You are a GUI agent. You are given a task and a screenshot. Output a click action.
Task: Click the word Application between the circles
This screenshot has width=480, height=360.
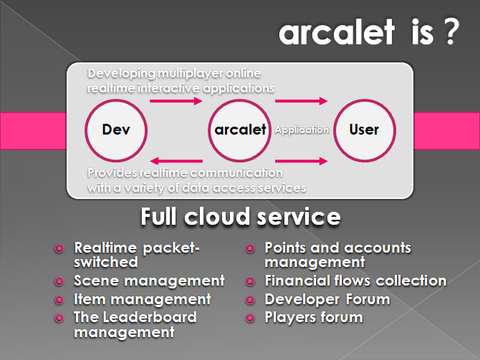click(302, 130)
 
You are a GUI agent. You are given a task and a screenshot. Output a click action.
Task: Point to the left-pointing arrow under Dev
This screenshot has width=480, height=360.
click(176, 161)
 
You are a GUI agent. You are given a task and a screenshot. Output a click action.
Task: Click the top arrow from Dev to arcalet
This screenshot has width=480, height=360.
click(176, 101)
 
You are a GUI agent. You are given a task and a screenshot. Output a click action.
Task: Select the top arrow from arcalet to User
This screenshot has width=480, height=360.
click(302, 101)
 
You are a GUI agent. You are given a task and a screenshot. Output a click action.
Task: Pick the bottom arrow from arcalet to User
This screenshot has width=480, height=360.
click(302, 161)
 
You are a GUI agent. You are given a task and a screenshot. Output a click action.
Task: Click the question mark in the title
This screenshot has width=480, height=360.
click(451, 31)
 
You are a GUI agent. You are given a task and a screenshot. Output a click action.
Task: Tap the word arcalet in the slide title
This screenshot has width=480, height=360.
click(337, 31)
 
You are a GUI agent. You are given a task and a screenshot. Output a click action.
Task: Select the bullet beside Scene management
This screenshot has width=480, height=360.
click(59, 281)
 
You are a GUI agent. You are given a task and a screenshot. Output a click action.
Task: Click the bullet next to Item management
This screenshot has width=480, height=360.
click(59, 300)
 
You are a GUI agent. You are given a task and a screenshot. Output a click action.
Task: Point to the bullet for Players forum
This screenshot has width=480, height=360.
click(250, 318)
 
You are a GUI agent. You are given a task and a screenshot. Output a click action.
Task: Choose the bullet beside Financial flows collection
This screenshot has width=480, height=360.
click(250, 281)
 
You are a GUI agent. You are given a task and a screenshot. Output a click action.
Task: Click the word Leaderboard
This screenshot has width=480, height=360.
click(150, 317)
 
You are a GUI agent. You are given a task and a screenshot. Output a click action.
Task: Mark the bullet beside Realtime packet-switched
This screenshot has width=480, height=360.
click(59, 248)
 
